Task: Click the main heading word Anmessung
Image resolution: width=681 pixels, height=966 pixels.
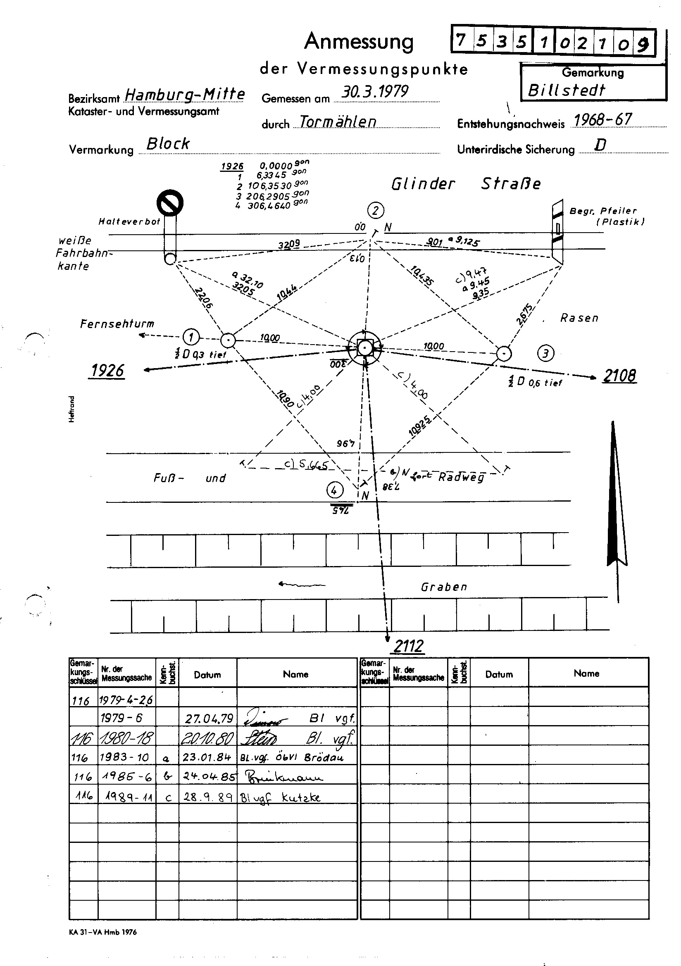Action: [359, 42]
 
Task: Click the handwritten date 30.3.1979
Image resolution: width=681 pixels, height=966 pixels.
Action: [374, 92]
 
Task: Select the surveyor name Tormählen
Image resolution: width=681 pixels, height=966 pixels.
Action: [338, 121]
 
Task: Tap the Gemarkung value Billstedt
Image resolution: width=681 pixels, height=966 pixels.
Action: [566, 90]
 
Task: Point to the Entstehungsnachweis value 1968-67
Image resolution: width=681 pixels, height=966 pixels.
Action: [603, 120]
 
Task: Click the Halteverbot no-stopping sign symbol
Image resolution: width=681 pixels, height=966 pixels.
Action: [170, 203]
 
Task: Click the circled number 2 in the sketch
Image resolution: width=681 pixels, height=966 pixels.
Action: [376, 210]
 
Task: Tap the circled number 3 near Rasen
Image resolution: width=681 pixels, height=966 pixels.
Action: [545, 353]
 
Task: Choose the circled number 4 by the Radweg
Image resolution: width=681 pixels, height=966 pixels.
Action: [335, 490]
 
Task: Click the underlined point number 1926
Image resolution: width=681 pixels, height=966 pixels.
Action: [107, 371]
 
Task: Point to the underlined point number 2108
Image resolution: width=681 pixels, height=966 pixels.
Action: [619, 376]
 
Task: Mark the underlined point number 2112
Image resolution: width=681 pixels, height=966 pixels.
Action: [408, 646]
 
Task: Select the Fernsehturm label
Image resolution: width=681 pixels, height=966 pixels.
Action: [117, 324]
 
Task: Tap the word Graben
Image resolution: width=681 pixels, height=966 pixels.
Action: [444, 587]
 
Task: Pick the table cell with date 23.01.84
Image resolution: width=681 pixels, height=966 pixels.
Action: [207, 757]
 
